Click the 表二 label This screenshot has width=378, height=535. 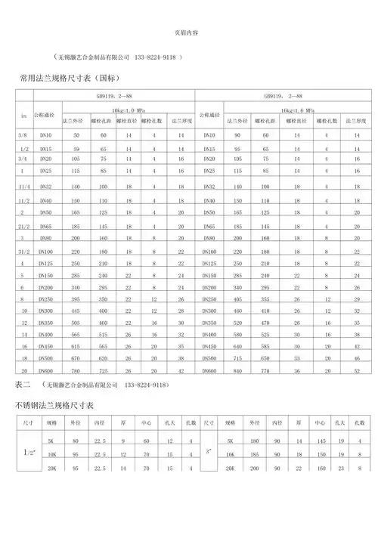[23, 385]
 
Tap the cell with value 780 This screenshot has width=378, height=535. [76, 370]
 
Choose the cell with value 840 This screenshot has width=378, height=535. [237, 370]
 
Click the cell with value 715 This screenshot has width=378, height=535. [237, 358]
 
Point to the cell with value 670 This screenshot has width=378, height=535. [76, 358]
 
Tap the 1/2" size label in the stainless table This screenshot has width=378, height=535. [25, 453]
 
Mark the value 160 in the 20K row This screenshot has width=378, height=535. [321, 469]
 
